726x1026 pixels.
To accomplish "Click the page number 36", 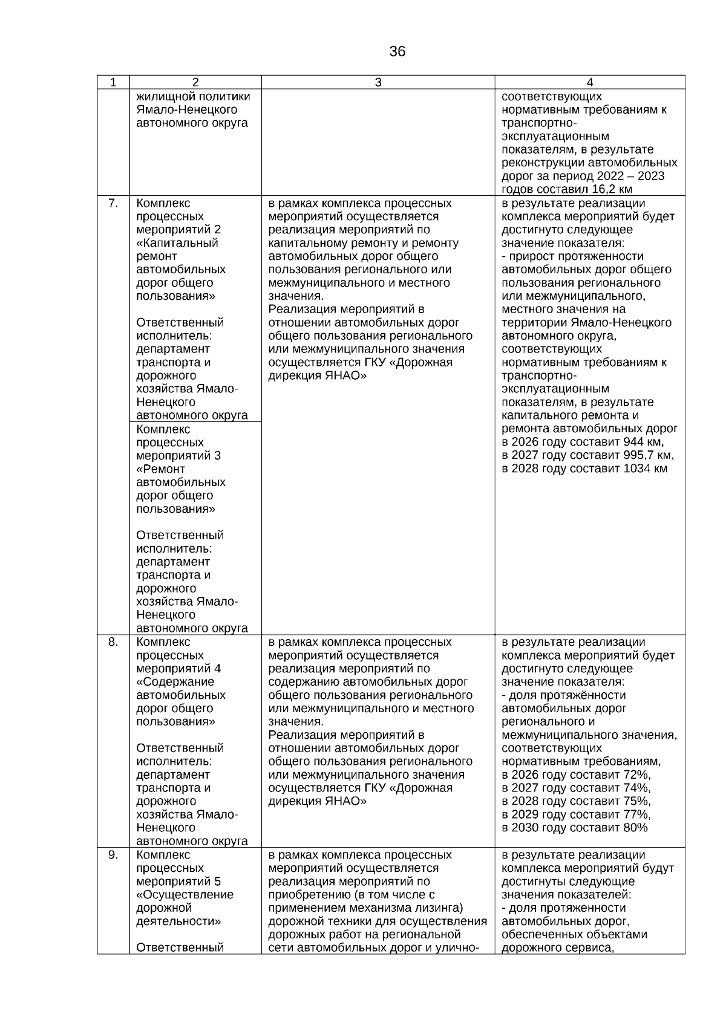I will pos(397,52).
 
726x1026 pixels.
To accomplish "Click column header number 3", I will pos(378,83).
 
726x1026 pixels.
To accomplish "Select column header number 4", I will pos(590,83).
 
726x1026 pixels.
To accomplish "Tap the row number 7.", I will pos(113,203).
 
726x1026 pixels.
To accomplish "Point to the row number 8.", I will pos(113,642).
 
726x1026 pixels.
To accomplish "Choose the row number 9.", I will pos(113,855).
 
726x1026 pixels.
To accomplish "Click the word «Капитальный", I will pos(177,243).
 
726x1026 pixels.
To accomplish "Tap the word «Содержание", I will pos(175,682).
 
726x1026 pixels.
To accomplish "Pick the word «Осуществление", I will pos(185,895).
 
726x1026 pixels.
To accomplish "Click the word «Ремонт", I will pos(161,469).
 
